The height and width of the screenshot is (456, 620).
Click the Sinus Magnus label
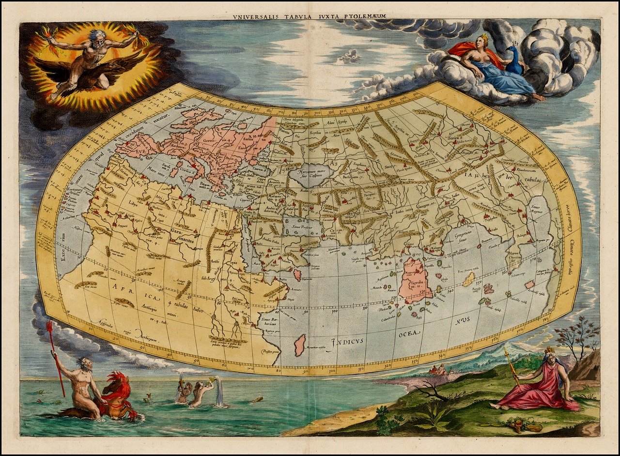click(x=542, y=211)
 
